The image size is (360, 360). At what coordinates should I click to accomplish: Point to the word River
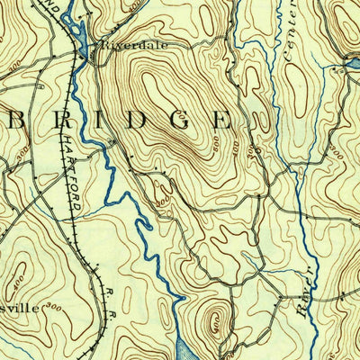[x=305, y=292]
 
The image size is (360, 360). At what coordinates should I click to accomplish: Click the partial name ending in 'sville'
[x=19, y=308]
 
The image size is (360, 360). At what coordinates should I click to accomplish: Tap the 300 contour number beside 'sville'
[x=56, y=308]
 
